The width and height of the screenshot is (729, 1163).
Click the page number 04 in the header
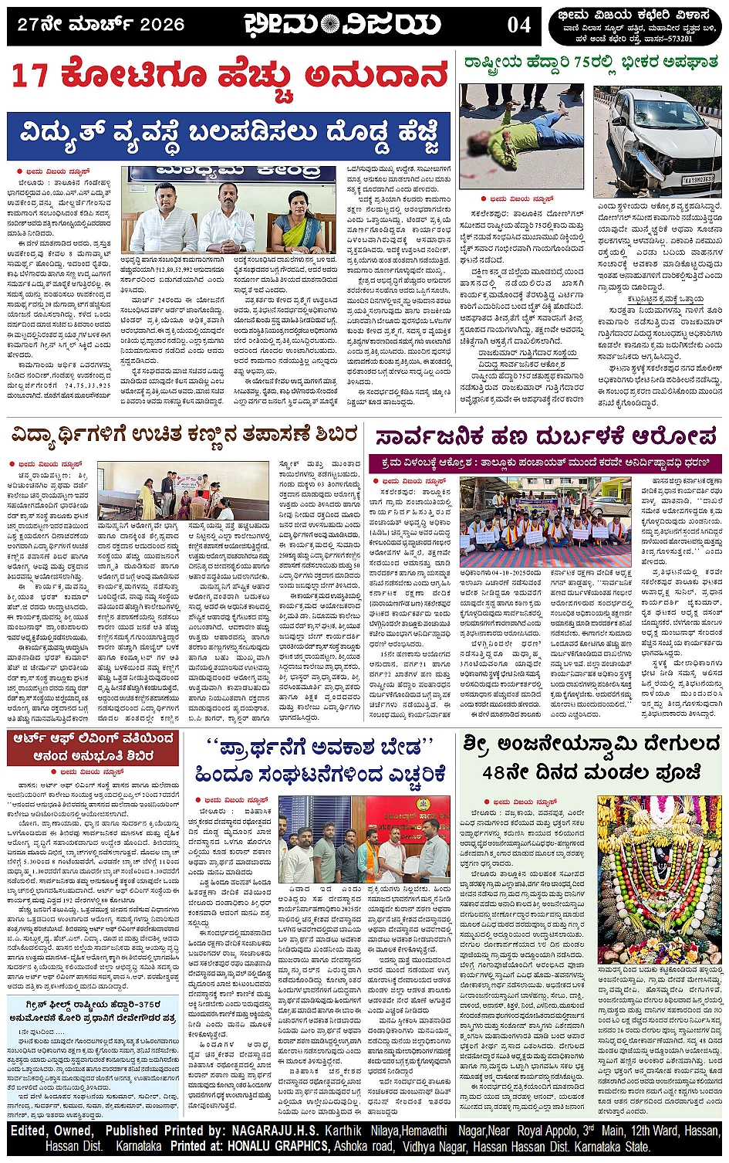pos(519,25)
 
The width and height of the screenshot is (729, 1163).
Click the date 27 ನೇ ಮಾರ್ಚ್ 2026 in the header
pos(100,25)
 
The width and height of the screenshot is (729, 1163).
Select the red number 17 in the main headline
pos(32,76)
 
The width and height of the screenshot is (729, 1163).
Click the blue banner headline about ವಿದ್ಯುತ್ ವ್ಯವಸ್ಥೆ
pos(229,135)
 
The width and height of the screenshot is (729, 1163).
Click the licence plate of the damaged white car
pos(696,179)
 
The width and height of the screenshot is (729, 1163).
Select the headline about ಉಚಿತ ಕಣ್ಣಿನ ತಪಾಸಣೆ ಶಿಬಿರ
pos(185,436)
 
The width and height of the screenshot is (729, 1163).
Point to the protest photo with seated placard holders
pos(545,523)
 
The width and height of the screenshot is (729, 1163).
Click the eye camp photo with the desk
pos(173,491)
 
